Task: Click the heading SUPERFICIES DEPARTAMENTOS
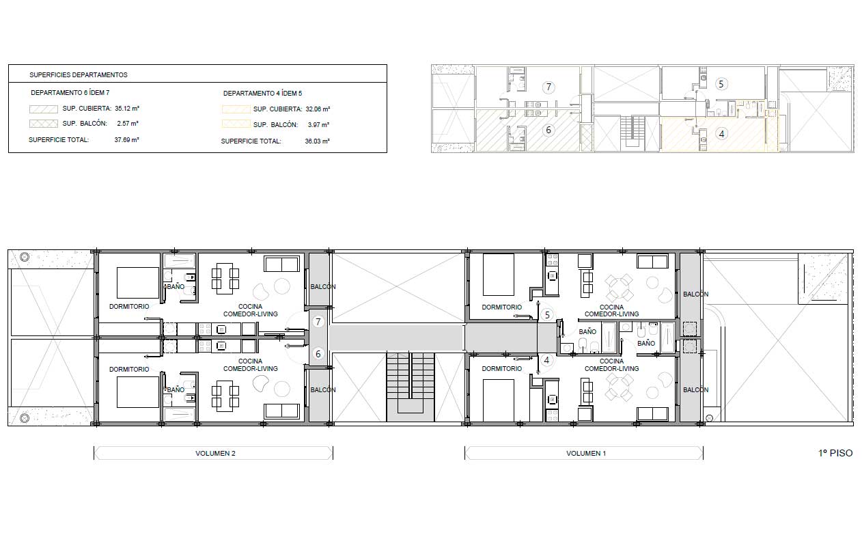click(x=79, y=74)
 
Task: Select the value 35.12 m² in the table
click(x=127, y=109)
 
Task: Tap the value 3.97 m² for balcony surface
click(x=318, y=125)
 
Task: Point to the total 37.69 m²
click(x=126, y=140)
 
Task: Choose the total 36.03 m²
click(x=317, y=141)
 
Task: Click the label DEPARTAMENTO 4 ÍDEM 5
click(x=262, y=93)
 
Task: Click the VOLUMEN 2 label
click(x=215, y=454)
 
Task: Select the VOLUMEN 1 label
click(x=585, y=454)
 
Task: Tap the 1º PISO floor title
click(x=835, y=453)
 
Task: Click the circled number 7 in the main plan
click(x=318, y=321)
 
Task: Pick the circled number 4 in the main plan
click(x=546, y=360)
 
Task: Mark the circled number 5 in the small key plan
click(x=721, y=84)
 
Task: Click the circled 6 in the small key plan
click(x=548, y=130)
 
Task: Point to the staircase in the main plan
click(x=411, y=387)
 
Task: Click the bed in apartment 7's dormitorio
click(x=138, y=283)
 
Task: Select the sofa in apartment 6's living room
click(x=281, y=411)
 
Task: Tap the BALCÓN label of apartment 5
click(x=696, y=294)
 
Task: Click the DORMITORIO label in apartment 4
click(x=502, y=368)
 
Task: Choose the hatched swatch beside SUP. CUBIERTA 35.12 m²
click(x=44, y=109)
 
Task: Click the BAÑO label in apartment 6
click(x=176, y=389)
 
